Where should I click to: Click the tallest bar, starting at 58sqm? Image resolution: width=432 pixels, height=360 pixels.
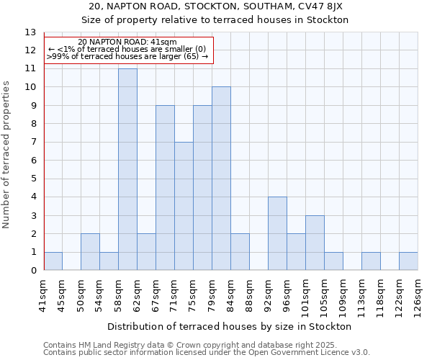tap(127, 169)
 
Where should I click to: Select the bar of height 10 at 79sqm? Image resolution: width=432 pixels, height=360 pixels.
tap(221, 179)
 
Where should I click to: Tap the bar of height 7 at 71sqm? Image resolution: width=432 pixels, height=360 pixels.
tap(184, 206)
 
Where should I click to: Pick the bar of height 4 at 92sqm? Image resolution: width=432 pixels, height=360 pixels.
tap(277, 233)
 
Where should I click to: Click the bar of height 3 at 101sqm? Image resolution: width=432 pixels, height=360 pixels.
tap(315, 243)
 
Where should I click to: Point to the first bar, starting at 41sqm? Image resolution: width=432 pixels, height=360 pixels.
tap(53, 261)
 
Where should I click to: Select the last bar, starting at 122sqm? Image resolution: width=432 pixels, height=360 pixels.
tap(408, 261)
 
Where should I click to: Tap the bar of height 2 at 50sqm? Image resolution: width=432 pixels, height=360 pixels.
tap(90, 252)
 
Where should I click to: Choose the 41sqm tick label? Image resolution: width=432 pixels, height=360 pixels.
tap(43, 293)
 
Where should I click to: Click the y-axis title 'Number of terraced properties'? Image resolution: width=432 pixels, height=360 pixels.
tap(7, 154)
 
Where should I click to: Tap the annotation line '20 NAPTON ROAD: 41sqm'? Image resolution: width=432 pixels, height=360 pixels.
tap(127, 42)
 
